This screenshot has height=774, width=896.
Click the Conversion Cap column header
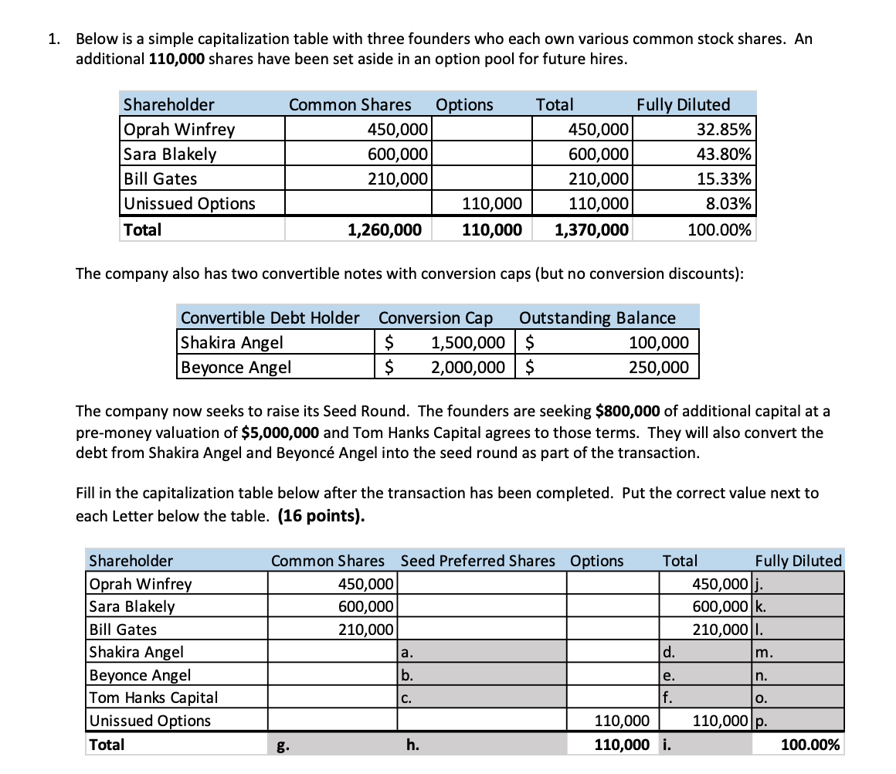(436, 317)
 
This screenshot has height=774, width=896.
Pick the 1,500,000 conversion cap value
(468, 342)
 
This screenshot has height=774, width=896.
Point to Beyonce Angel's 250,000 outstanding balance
(658, 367)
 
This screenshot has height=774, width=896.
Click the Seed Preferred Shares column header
(477, 561)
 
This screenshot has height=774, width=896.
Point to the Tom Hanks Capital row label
(154, 698)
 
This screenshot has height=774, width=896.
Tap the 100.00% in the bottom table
(810, 745)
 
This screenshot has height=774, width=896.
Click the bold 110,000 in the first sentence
(173, 59)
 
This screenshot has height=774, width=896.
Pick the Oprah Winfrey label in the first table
(179, 129)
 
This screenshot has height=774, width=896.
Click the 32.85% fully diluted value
(726, 129)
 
